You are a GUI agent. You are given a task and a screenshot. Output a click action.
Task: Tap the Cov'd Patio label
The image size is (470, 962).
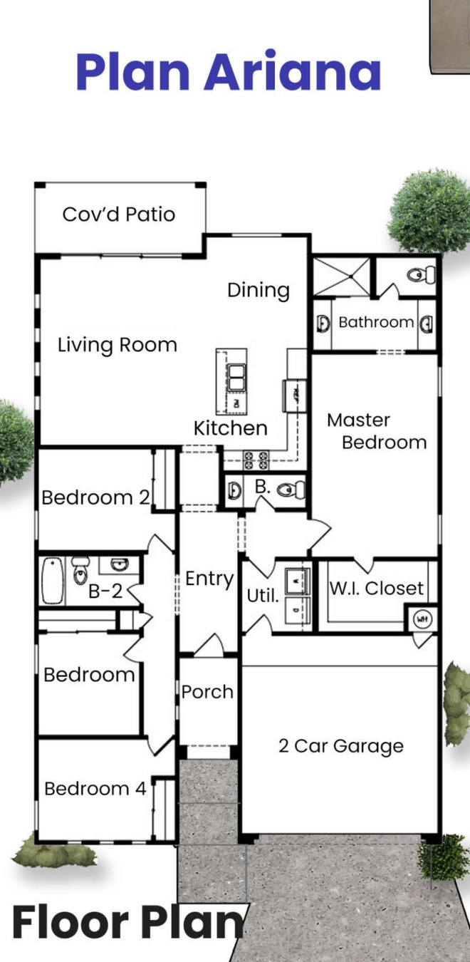[x=119, y=214]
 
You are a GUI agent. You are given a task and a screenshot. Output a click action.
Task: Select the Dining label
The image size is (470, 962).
[x=258, y=291]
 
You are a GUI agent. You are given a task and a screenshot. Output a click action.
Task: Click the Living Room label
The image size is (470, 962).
[x=117, y=346]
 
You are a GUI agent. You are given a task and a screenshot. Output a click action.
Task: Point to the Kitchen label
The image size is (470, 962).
[x=231, y=428]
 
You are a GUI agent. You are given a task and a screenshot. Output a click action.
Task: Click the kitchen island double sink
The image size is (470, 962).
[x=236, y=378]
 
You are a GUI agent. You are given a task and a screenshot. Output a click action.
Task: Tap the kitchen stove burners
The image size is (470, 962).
[x=256, y=460]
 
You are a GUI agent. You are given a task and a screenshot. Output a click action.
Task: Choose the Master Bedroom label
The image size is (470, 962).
[x=377, y=431]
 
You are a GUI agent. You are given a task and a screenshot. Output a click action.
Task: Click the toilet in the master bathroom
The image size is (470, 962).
[x=421, y=274]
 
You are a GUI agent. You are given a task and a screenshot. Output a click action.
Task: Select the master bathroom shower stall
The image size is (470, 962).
[x=342, y=276]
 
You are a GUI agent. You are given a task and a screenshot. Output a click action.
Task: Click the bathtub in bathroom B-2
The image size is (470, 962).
[x=53, y=581]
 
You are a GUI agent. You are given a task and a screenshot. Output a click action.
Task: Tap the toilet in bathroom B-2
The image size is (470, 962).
[x=80, y=570]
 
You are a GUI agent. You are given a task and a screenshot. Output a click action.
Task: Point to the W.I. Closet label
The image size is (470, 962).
[x=377, y=588]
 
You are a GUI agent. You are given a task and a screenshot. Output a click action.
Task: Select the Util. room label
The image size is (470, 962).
[x=263, y=596]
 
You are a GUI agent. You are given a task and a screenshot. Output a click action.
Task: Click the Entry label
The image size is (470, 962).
[x=209, y=579]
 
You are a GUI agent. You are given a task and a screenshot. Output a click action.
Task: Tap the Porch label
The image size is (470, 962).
[x=207, y=692]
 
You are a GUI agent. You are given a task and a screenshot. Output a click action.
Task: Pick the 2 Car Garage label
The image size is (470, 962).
[x=341, y=746]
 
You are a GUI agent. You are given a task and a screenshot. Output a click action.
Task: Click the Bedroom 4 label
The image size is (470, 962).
[x=95, y=789]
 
